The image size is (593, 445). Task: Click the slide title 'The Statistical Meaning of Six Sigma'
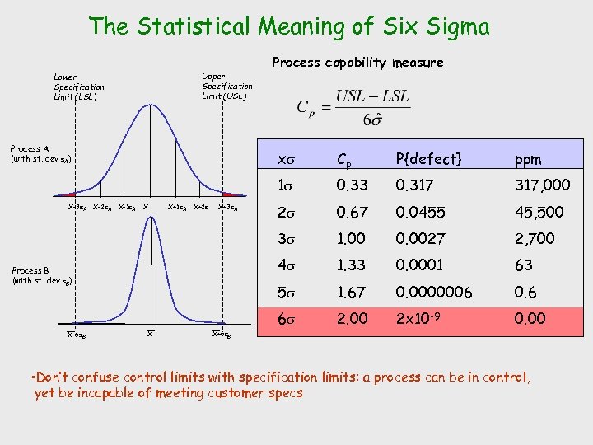click(x=289, y=26)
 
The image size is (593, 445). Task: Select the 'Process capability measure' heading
click(x=357, y=63)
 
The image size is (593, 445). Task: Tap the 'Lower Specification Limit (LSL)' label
click(x=79, y=87)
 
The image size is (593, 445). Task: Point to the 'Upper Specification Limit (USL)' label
click(x=227, y=87)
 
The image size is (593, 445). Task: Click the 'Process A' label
click(x=40, y=153)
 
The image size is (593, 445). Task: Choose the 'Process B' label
click(x=42, y=275)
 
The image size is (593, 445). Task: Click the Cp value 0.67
click(x=353, y=212)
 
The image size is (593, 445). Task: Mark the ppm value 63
click(x=524, y=265)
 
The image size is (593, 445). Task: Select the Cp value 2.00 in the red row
click(x=353, y=318)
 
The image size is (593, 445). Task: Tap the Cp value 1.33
click(x=353, y=265)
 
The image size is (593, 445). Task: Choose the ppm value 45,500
click(x=539, y=212)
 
